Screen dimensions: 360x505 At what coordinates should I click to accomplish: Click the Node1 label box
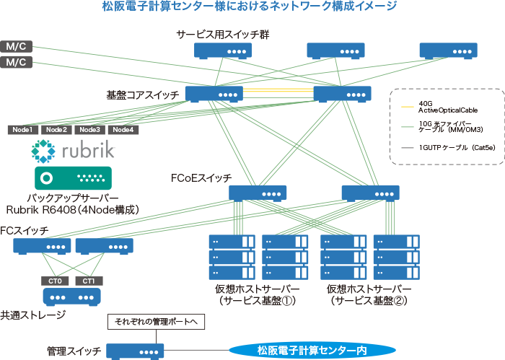tap(22, 130)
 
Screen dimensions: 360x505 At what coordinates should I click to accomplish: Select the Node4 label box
tap(122, 130)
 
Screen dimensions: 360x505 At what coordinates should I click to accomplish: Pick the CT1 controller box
tap(89, 281)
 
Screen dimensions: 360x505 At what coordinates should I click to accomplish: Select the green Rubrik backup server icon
tap(72, 177)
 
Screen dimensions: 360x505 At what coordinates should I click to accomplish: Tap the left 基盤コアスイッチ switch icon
tap(214, 94)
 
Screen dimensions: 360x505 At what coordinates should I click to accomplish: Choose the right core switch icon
tap(342, 94)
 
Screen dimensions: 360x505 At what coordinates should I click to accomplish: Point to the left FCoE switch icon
tap(258, 193)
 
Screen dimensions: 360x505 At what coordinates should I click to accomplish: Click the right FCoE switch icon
tap(370, 193)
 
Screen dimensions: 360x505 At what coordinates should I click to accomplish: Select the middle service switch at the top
tap(335, 51)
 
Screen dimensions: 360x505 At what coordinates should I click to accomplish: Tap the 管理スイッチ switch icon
tap(136, 351)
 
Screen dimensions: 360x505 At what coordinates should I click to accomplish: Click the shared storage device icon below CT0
tap(72, 297)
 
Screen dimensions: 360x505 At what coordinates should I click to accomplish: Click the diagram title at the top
tap(250, 7)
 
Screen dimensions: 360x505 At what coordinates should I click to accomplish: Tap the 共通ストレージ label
tap(33, 315)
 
